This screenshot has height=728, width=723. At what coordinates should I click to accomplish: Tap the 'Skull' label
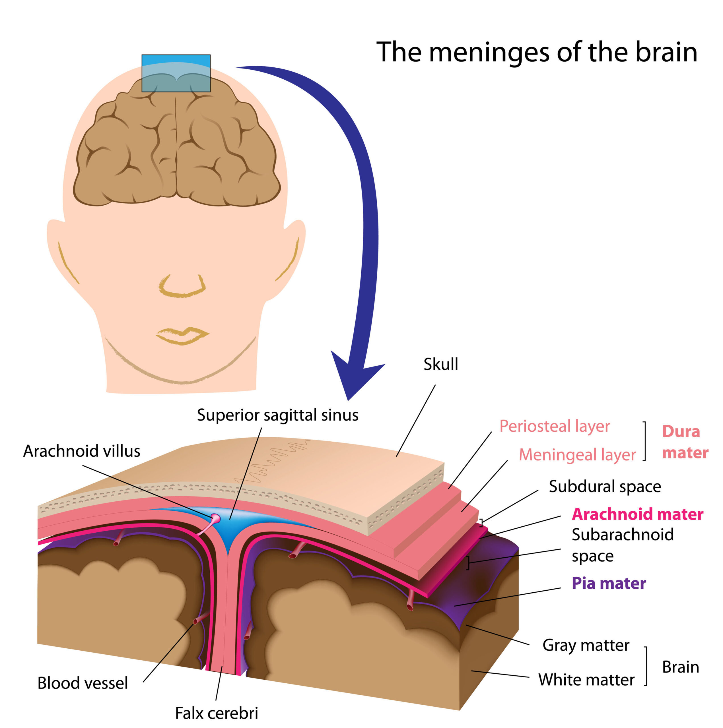pos(440,364)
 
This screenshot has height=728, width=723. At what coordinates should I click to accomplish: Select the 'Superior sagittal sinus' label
pos(277,415)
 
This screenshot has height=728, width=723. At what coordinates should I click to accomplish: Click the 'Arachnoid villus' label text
pos(82,451)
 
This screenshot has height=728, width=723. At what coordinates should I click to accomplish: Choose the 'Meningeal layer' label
pos(577,455)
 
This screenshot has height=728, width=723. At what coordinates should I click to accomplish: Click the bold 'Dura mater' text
pos(685,442)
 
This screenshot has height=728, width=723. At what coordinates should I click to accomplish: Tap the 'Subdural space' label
pos(605,487)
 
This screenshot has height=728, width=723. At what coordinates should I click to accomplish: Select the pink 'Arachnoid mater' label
pos(637,514)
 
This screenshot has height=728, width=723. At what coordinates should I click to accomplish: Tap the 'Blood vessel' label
pos(83,683)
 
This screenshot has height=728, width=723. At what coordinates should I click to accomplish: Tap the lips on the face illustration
pos(182,335)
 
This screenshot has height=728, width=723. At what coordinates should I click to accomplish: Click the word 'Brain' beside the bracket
pos(680,667)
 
